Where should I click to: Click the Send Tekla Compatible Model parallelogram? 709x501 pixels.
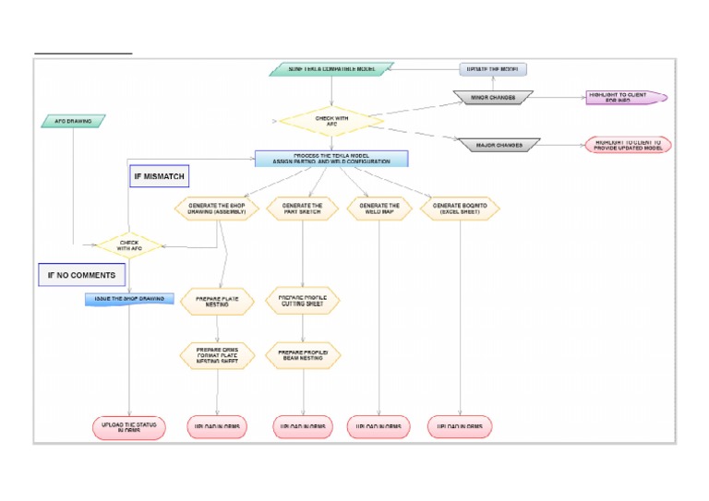click(331, 69)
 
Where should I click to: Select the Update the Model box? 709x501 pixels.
click(493, 69)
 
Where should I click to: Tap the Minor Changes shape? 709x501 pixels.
click(493, 97)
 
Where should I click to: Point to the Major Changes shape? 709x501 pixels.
click(499, 145)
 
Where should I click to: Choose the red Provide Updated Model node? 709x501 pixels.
click(628, 145)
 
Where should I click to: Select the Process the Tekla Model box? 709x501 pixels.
click(331, 159)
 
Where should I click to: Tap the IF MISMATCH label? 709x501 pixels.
click(160, 176)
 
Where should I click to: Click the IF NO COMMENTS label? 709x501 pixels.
click(81, 275)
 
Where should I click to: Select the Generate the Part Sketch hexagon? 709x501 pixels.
click(303, 209)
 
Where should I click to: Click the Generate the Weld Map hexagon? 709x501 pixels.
click(379, 209)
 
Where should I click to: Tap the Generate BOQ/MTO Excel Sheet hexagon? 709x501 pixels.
click(460, 209)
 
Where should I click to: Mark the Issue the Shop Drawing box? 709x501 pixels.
click(129, 299)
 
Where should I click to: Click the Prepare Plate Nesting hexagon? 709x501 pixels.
click(217, 302)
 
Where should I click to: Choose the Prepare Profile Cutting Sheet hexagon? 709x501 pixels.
click(303, 301)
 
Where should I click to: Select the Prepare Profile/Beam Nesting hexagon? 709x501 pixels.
click(303, 354)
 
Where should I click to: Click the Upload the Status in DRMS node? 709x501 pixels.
click(129, 427)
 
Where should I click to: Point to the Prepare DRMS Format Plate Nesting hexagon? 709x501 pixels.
click(217, 356)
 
